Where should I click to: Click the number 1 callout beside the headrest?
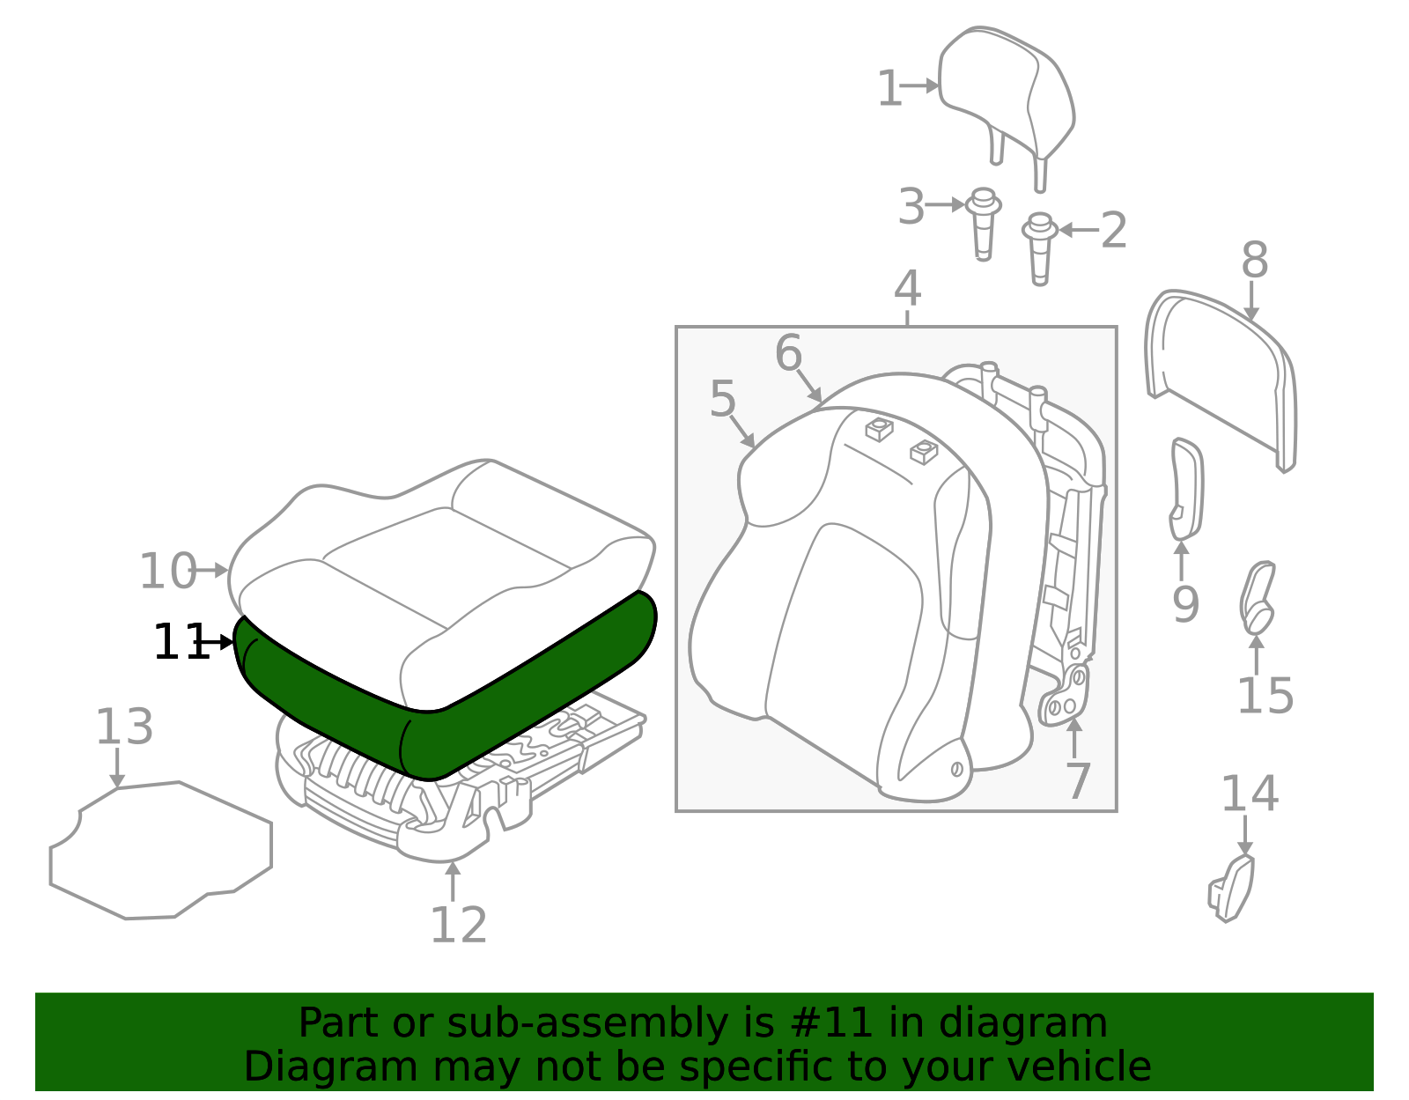[x=889, y=88]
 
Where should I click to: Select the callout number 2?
[x=1114, y=231]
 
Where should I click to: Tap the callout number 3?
[x=911, y=207]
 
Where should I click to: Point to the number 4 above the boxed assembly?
[x=907, y=289]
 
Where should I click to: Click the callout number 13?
[x=124, y=727]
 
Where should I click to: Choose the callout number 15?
[x=1265, y=696]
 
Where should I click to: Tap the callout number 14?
[x=1250, y=794]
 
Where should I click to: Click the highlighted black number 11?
[x=181, y=642]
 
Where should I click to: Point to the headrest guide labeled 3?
[x=983, y=225]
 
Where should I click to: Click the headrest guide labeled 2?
[x=1040, y=249]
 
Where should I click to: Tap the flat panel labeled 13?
[x=161, y=851]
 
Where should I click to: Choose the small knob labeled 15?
[x=1258, y=598]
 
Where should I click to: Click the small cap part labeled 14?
[x=1231, y=889]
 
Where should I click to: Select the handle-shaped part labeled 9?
[x=1187, y=490]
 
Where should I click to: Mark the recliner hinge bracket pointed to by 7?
[x=1064, y=696]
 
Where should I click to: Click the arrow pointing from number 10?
[x=210, y=571]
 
